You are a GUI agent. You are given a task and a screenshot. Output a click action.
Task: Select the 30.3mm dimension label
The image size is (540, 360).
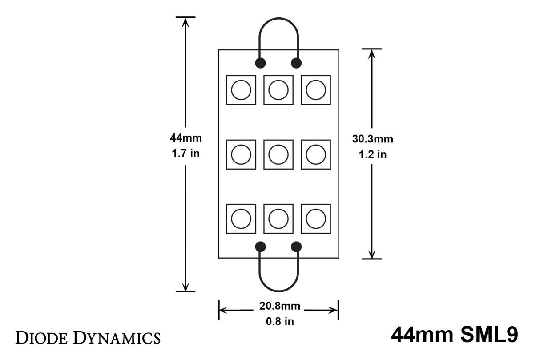pos(373,139)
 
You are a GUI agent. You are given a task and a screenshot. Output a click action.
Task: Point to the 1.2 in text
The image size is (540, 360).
pos(373,155)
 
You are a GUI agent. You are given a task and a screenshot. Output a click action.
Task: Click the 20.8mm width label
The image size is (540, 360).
pos(279,306)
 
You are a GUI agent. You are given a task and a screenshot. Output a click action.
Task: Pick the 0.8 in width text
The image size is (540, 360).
pos(279,321)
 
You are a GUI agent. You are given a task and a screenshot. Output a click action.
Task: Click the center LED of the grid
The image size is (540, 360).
pos(278,154)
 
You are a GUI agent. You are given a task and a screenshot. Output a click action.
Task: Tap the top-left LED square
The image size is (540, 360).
pos(241,90)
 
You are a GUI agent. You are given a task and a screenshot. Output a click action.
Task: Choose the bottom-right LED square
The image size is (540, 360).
pos(316,218)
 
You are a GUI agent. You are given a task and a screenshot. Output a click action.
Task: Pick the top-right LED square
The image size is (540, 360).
pos(316,90)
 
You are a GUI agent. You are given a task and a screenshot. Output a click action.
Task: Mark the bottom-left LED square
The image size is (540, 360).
pos(241,218)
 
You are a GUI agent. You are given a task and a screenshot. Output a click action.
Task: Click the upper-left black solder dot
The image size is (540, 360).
pos(260,63)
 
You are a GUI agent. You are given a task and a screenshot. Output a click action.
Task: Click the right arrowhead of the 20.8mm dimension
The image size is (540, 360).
pos(334,310)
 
